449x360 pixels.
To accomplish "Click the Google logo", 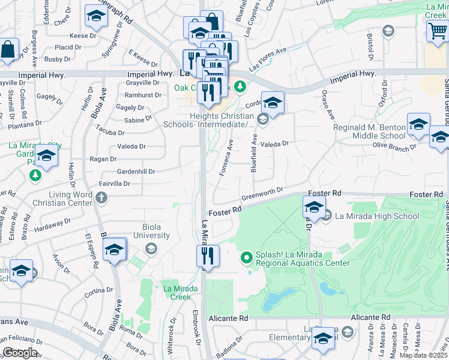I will (x=20, y=353).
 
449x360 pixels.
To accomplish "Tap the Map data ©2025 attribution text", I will (x=424, y=355).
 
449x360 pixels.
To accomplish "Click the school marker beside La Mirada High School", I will (x=313, y=208).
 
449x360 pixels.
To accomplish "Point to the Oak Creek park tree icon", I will (x=240, y=88).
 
